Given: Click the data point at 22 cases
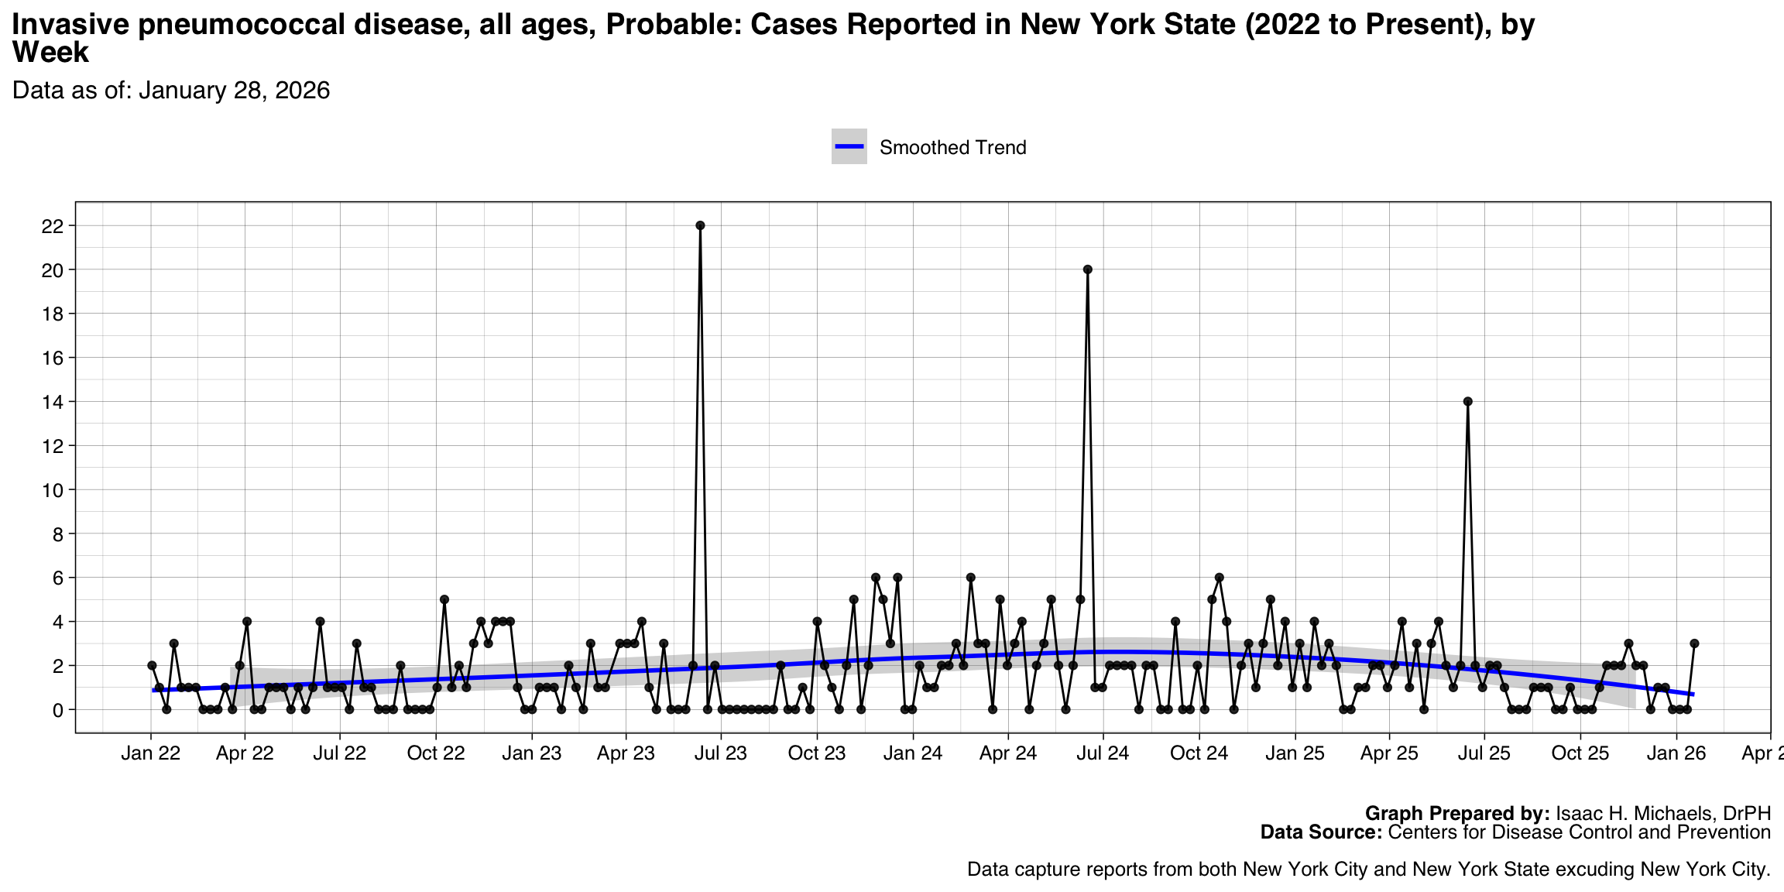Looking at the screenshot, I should pyautogui.click(x=700, y=225).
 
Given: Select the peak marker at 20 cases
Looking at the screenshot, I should pyautogui.click(x=1087, y=269).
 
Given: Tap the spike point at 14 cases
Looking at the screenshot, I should pyautogui.click(x=1467, y=401).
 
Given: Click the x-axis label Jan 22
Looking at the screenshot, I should pyautogui.click(x=151, y=753).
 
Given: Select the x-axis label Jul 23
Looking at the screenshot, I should pyautogui.click(x=721, y=753).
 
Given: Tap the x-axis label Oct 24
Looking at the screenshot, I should pyautogui.click(x=1199, y=753).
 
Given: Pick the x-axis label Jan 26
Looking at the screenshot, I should pyautogui.click(x=1676, y=753).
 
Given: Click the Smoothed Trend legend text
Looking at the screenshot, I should pyautogui.click(x=952, y=148).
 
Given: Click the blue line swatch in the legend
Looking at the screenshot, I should pyautogui.click(x=849, y=147).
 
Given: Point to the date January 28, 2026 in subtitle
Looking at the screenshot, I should pyautogui.click(x=235, y=91).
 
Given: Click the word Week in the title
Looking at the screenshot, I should pyautogui.click(x=50, y=53).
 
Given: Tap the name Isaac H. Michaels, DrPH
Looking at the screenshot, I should pyautogui.click(x=1663, y=813).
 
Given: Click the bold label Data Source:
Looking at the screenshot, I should pyautogui.click(x=1321, y=832).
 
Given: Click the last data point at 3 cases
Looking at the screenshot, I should pyautogui.click(x=1694, y=643).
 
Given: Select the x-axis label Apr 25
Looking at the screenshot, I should pyautogui.click(x=1389, y=753).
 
